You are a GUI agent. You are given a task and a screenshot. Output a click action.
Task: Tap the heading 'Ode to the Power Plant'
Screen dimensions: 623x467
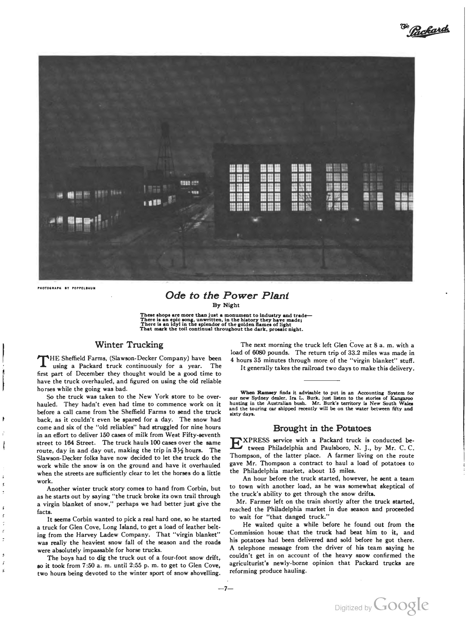tap(227, 295)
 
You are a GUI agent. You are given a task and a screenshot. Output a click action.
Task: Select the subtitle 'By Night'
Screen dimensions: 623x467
tap(226, 305)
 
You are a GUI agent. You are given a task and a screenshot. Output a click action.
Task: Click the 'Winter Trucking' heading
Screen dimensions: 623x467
tap(129, 344)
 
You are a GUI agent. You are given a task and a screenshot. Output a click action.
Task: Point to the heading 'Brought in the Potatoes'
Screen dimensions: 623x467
tap(322, 428)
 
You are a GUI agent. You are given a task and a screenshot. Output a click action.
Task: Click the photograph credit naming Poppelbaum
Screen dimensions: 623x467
tap(67, 288)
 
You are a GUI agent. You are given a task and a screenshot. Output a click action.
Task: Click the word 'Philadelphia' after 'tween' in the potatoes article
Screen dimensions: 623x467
tap(286, 448)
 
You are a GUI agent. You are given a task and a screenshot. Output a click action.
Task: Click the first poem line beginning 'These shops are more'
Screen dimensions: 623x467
tap(226, 315)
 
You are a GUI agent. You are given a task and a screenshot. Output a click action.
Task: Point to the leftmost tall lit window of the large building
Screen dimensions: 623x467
tap(239, 188)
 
